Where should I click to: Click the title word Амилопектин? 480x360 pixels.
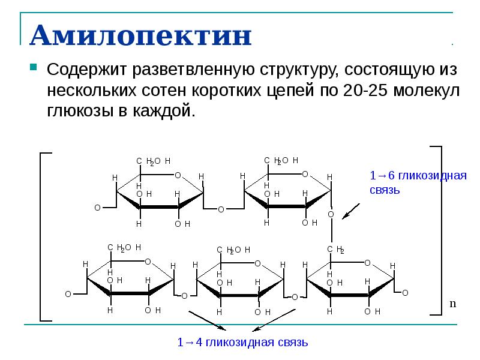(x=140, y=37)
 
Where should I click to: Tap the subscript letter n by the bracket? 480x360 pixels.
(x=453, y=304)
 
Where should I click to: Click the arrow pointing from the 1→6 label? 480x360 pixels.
(x=355, y=209)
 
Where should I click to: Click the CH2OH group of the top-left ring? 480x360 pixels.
(x=154, y=161)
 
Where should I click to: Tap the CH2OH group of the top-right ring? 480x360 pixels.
(x=281, y=160)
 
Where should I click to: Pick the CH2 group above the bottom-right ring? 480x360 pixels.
(x=335, y=250)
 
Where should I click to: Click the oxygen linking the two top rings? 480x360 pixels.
(x=221, y=209)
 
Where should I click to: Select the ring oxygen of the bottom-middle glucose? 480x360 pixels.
(x=257, y=263)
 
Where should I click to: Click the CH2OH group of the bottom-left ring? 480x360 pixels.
(x=124, y=247)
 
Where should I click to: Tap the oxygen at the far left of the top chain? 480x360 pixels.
(x=97, y=208)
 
